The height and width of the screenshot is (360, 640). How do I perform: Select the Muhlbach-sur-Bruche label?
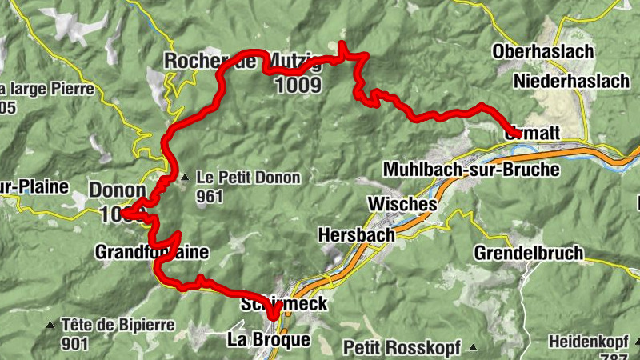[471, 170]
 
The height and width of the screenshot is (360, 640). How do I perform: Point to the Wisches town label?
[402, 204]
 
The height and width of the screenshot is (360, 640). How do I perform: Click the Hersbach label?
[356, 235]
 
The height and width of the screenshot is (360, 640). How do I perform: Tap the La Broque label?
[269, 340]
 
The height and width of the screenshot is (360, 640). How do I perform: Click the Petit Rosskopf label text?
[405, 347]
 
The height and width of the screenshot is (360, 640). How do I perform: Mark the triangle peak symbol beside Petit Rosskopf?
[473, 347]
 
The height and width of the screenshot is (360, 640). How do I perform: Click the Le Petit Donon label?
[249, 178]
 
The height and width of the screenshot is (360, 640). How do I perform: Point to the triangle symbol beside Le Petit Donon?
[185, 178]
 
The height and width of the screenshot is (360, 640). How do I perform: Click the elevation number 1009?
[298, 84]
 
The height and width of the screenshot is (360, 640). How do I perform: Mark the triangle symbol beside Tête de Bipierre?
[50, 325]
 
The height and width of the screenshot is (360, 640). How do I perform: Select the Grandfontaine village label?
[151, 253]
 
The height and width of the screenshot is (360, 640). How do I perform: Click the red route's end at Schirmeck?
[274, 316]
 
